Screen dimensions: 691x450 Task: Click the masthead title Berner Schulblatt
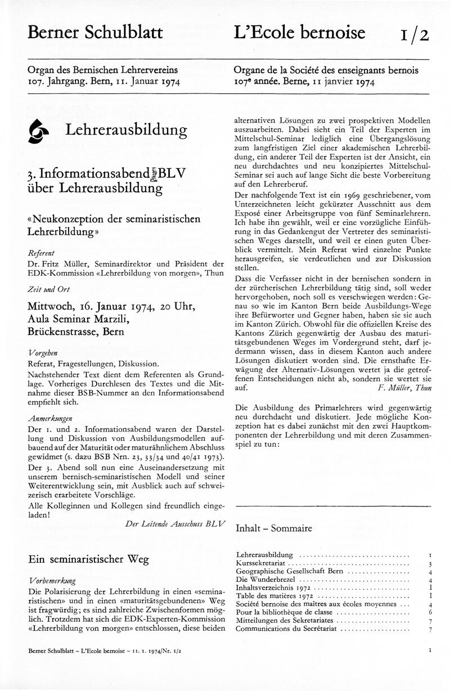click(x=95, y=33)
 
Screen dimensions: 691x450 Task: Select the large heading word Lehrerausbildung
click(x=127, y=130)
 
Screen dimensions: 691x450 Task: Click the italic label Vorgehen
click(x=43, y=352)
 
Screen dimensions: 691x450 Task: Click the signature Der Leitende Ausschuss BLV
click(x=175, y=523)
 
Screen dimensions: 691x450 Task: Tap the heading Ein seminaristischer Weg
click(x=88, y=559)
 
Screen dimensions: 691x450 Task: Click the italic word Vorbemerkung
click(x=52, y=580)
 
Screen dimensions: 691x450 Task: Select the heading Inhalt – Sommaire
click(x=274, y=528)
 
